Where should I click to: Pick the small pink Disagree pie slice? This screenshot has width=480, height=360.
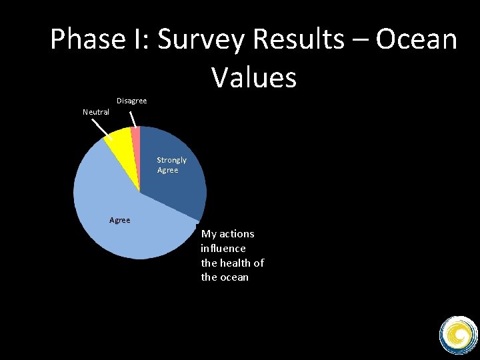click(136, 137)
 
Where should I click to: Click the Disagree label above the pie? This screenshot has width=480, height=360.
click(131, 101)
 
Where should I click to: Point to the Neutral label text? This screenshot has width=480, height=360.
click(95, 112)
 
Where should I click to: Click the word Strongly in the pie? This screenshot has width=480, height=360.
click(171, 160)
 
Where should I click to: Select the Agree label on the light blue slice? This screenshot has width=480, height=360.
click(119, 220)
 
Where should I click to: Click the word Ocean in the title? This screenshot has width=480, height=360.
click(417, 40)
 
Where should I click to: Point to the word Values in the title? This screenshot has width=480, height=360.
click(254, 77)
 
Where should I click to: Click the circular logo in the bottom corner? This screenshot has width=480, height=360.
click(458, 334)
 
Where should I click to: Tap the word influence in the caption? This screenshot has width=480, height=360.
click(223, 248)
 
